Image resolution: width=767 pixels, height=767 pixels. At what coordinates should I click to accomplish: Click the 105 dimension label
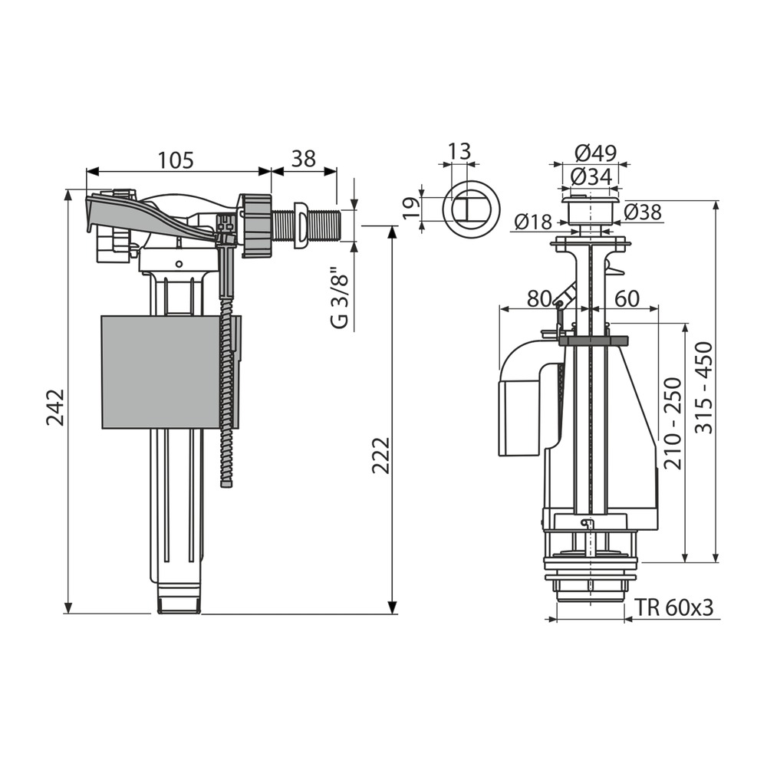pyautogui.click(x=176, y=160)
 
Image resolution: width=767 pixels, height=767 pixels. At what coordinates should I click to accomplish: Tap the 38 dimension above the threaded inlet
pyautogui.click(x=304, y=159)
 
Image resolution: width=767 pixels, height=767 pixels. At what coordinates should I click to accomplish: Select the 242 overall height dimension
pyautogui.click(x=55, y=407)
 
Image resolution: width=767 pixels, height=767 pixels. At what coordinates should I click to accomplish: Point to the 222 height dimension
pyautogui.click(x=380, y=455)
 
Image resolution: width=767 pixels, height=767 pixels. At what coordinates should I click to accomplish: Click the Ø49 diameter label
pyautogui.click(x=596, y=153)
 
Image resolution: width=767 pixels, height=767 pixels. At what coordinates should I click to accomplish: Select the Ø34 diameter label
pyautogui.click(x=591, y=176)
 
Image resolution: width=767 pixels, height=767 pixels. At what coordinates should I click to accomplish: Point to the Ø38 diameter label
pyautogui.click(x=644, y=212)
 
